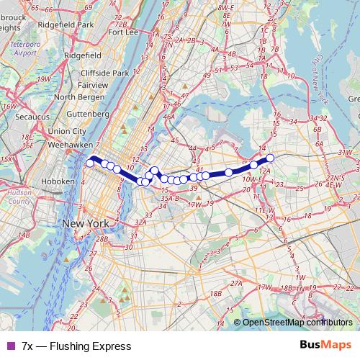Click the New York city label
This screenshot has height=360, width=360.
(86, 224)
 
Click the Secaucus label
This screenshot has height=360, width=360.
(24, 122)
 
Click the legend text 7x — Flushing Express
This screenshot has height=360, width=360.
(67, 346)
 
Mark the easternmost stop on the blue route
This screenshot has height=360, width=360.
(271, 158)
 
